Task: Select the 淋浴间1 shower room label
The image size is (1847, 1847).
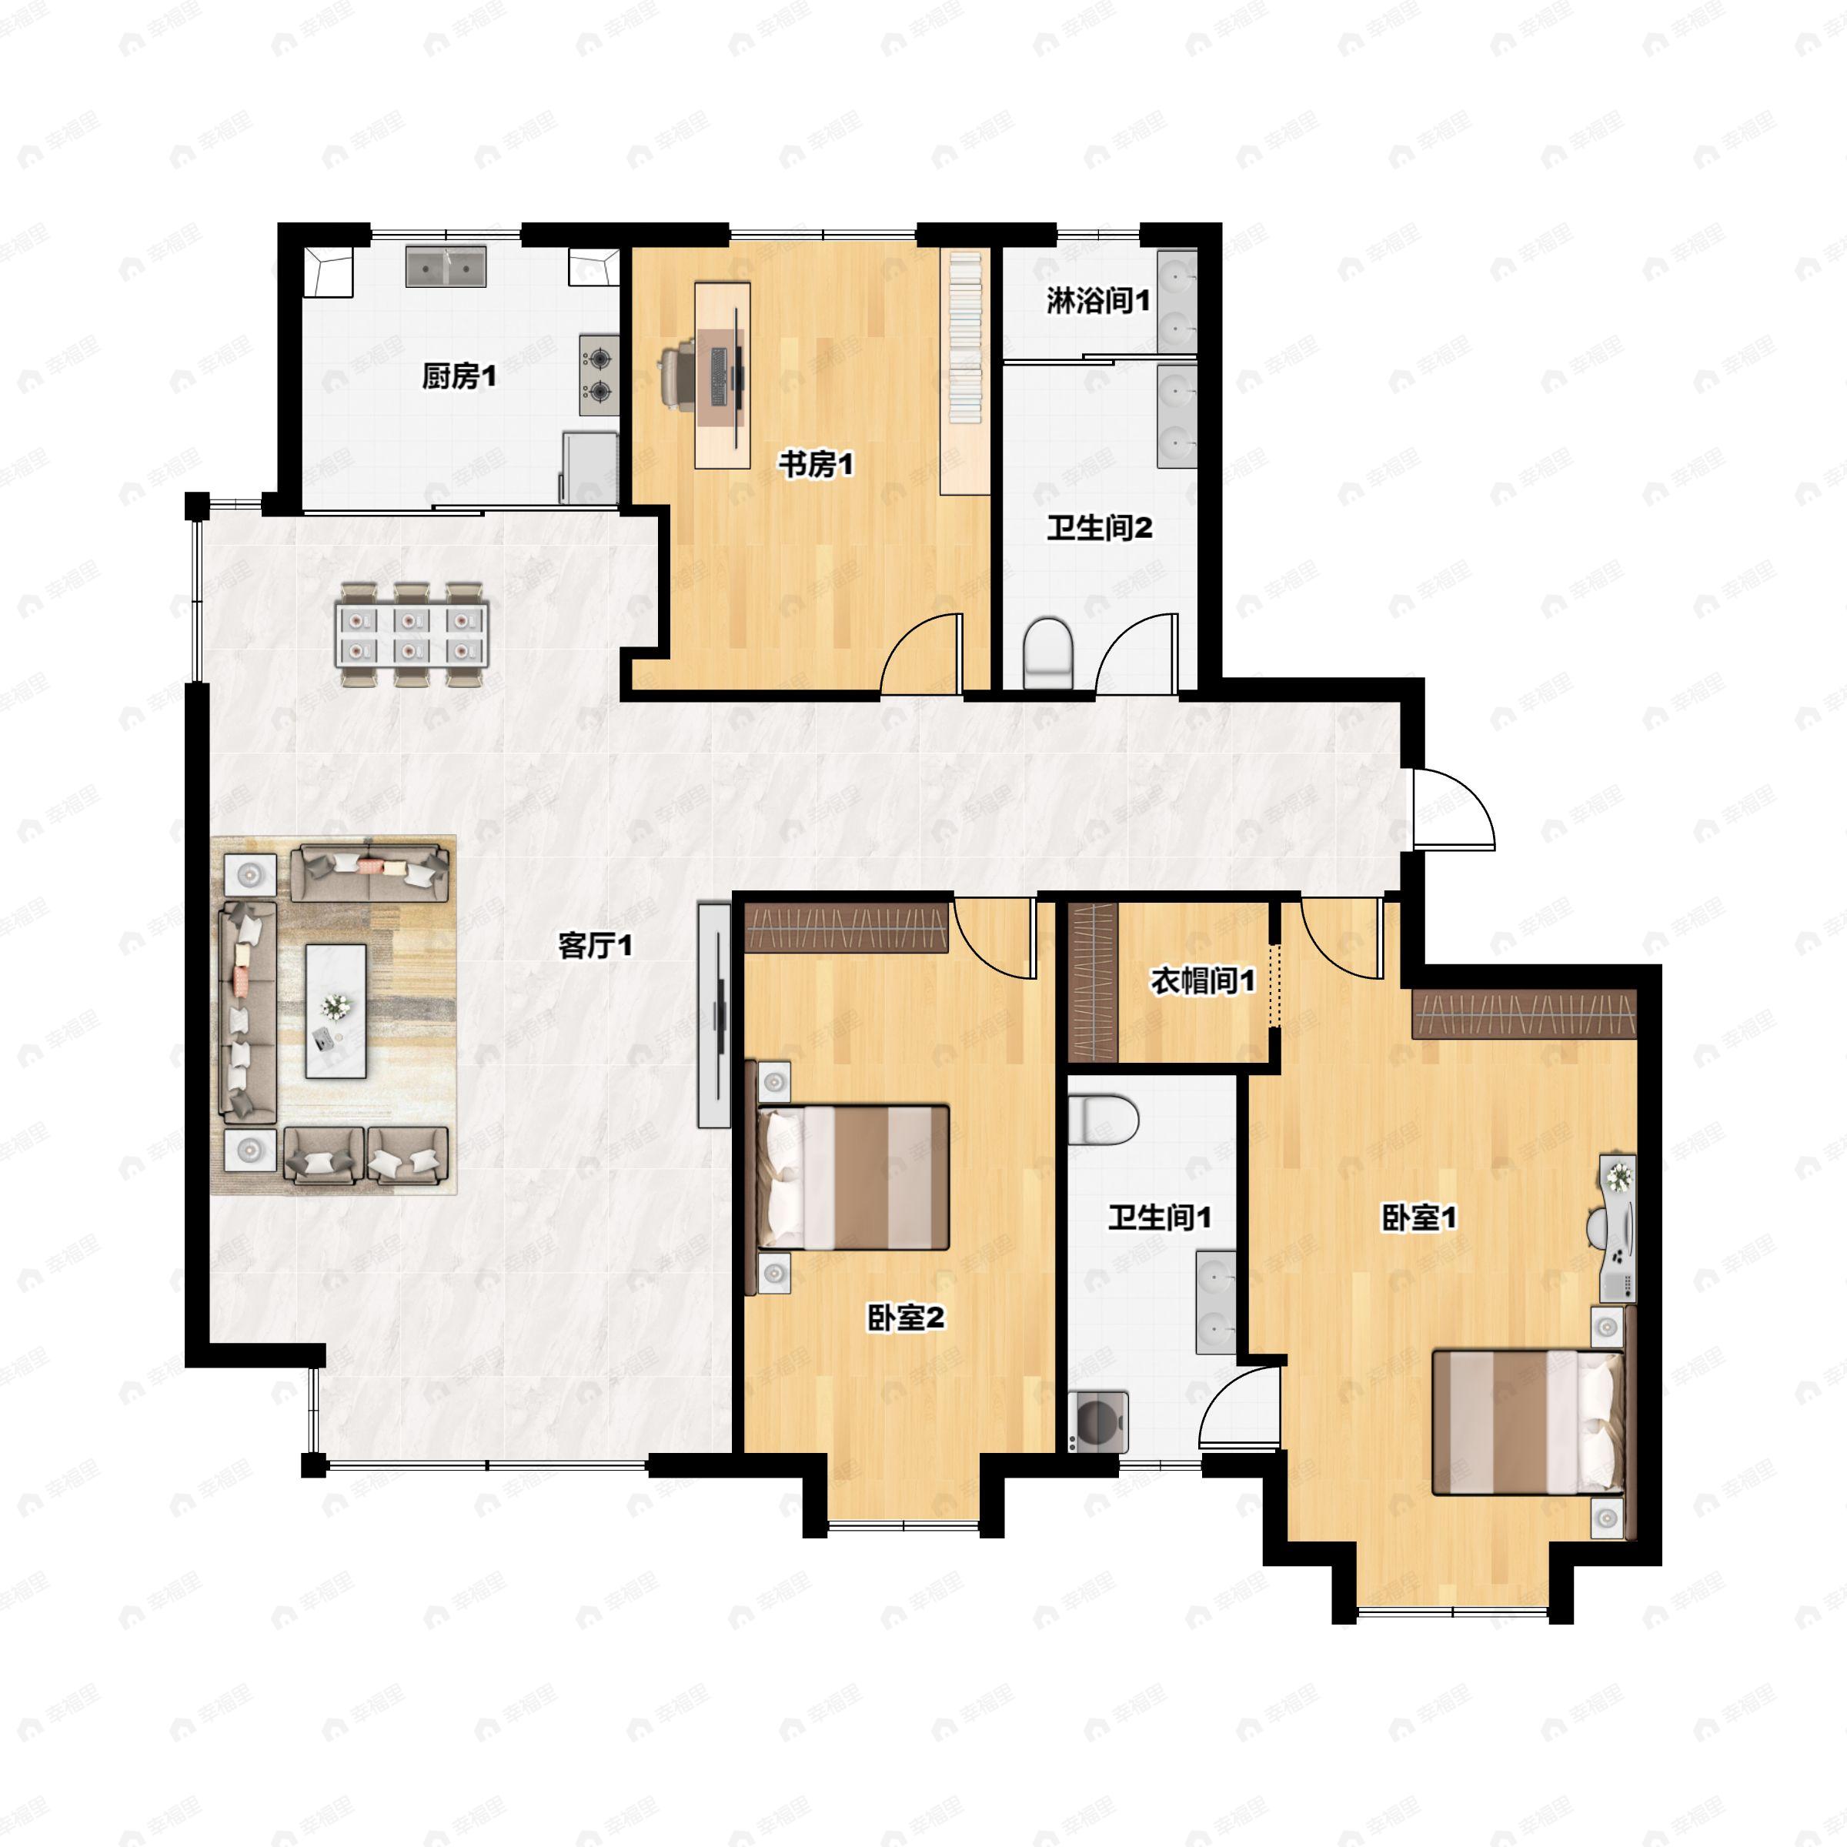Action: pyautogui.click(x=1097, y=301)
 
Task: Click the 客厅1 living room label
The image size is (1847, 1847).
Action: pyautogui.click(x=595, y=947)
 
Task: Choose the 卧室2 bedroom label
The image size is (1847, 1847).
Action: pyautogui.click(x=905, y=1318)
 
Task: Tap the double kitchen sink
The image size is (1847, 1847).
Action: pyautogui.click(x=446, y=267)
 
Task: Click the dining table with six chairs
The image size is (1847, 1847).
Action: pyautogui.click(x=411, y=636)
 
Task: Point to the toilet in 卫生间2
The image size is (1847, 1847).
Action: pyautogui.click(x=1047, y=653)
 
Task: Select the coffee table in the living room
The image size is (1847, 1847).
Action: pyautogui.click(x=336, y=1010)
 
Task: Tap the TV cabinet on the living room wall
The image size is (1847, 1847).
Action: pyautogui.click(x=713, y=1015)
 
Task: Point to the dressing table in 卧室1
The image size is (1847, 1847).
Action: pyautogui.click(x=1618, y=1228)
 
